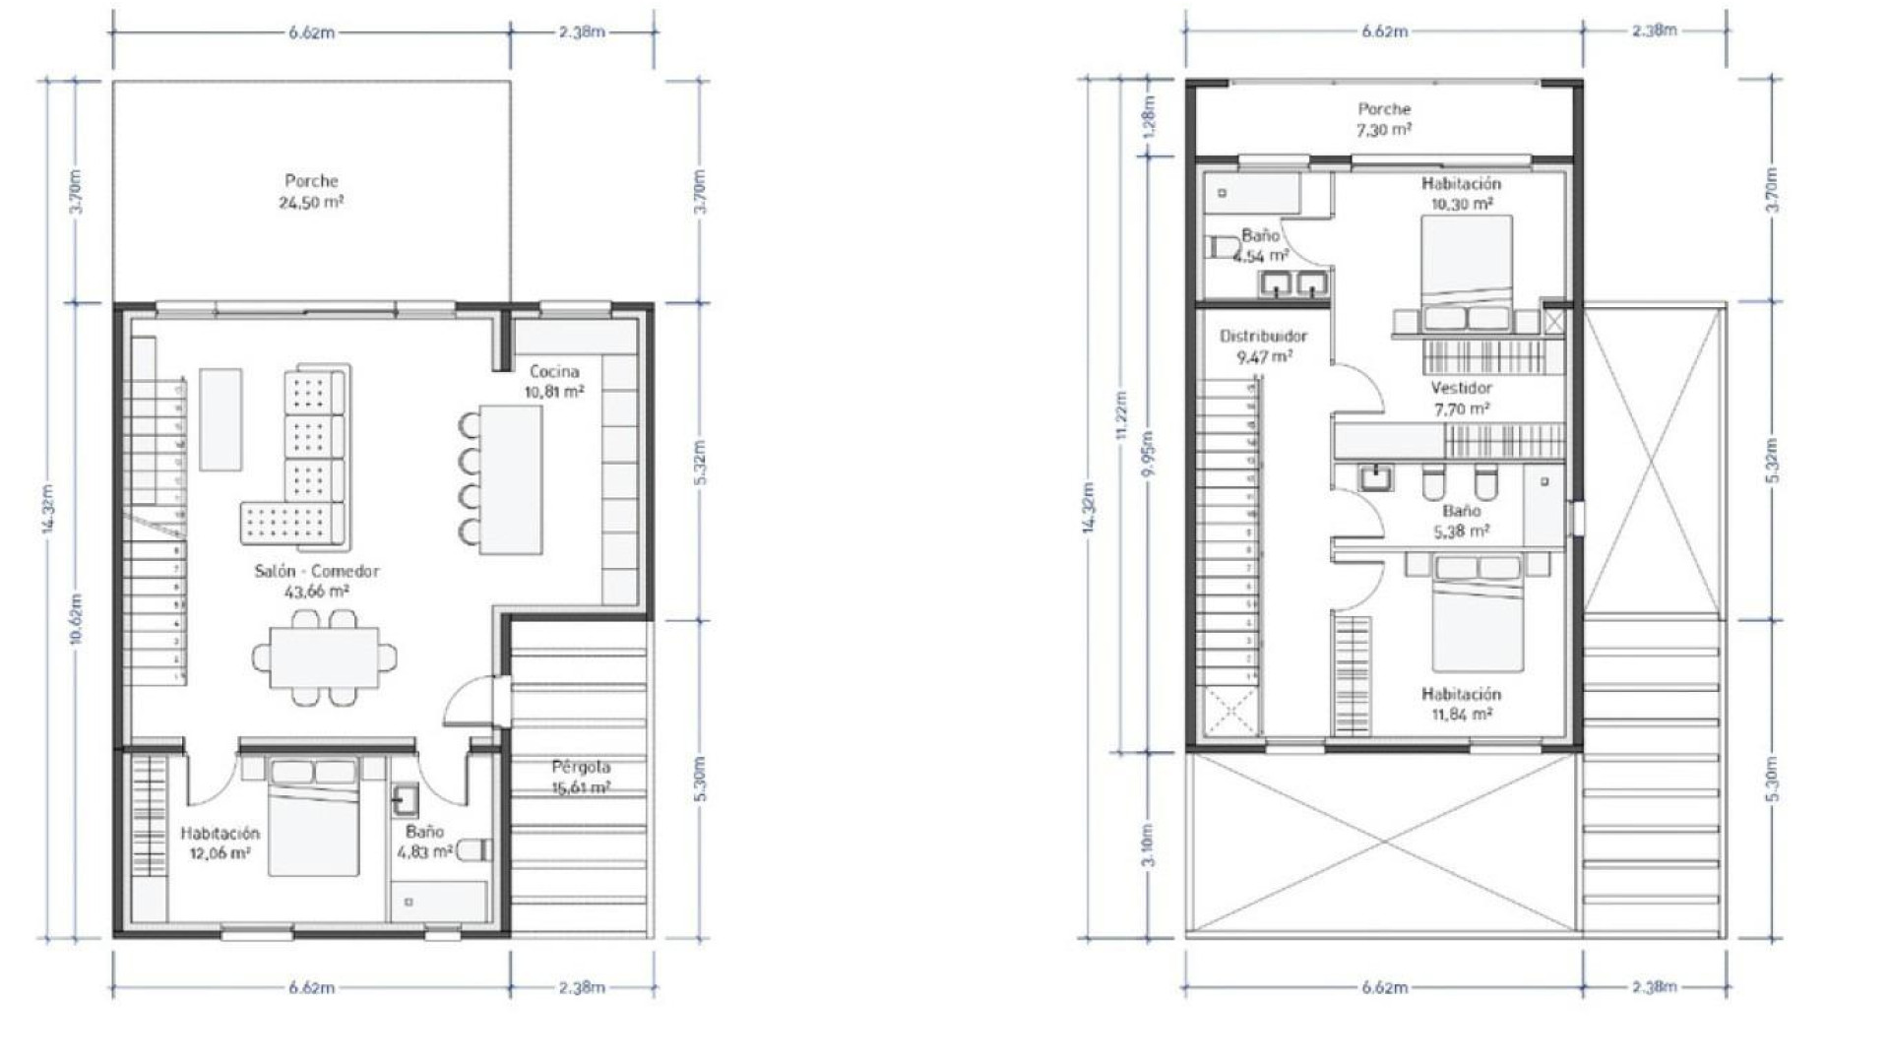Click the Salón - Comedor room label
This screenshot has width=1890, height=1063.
point(316,581)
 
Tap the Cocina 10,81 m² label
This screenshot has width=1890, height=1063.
point(554,380)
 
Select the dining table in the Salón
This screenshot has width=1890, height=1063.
point(326,657)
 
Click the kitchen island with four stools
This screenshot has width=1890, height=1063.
point(511,479)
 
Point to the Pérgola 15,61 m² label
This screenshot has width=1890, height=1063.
point(581,777)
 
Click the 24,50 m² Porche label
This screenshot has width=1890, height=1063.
point(311,191)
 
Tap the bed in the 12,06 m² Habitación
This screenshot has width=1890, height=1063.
point(313,815)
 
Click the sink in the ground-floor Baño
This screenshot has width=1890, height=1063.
point(405,800)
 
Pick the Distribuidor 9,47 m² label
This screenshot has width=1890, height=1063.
point(1263,345)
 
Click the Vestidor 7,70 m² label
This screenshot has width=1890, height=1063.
point(1461,398)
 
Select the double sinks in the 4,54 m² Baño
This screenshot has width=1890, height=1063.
point(1293,284)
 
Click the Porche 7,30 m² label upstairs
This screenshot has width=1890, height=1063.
point(1384,118)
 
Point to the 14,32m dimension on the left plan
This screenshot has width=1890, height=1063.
point(48,508)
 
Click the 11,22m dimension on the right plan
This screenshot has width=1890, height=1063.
point(1122,418)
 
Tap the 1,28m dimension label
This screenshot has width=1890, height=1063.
point(1150,116)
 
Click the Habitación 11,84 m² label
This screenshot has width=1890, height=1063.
point(1461,704)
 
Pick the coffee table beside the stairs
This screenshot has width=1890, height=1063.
point(220,419)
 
